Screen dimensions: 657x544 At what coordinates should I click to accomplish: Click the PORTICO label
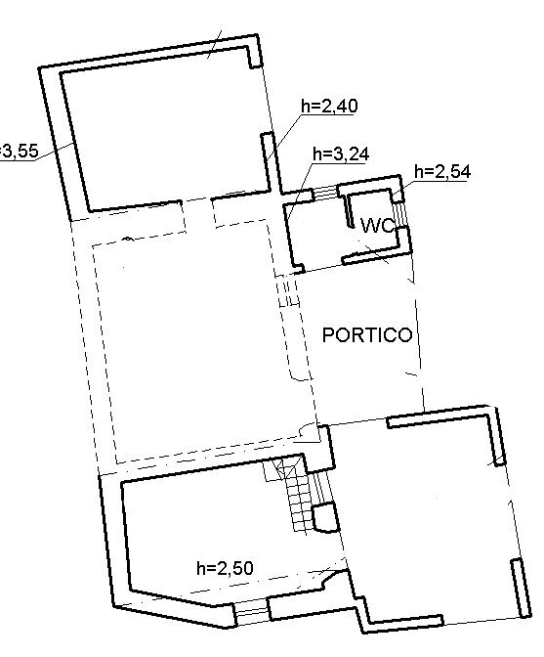(367, 334)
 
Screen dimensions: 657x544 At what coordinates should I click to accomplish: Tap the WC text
(377, 226)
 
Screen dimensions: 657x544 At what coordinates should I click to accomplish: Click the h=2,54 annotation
(442, 172)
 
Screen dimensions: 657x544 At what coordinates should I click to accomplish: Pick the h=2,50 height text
(226, 568)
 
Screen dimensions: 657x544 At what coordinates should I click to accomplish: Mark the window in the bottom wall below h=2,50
(252, 613)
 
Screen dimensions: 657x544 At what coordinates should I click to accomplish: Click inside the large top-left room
(166, 127)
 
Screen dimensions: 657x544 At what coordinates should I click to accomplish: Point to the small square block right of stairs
(325, 515)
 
